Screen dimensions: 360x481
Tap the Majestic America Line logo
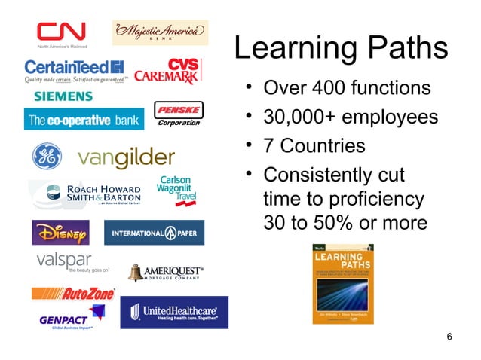(160, 32)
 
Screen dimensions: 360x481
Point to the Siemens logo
(63, 96)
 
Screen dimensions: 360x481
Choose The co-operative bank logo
(83, 120)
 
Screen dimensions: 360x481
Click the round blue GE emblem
(45, 157)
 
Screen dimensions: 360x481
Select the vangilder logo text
(126, 157)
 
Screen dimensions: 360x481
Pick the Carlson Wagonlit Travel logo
(177, 191)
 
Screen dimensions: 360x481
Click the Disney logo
(60, 233)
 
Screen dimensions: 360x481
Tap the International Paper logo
(154, 233)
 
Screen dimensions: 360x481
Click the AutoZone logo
(73, 293)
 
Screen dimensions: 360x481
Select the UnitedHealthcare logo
(173, 312)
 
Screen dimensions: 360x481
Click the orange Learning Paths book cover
(342, 283)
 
